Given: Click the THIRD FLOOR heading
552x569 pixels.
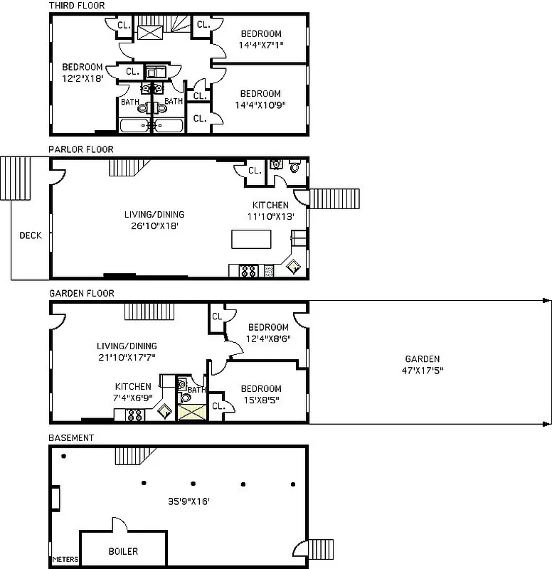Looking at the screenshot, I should click(76, 6).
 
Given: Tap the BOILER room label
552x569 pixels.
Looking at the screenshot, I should click(123, 551).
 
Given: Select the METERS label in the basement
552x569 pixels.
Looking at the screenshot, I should click(65, 560).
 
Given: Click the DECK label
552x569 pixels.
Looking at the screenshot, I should click(30, 236).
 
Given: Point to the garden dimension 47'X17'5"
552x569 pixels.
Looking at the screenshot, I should click(422, 371).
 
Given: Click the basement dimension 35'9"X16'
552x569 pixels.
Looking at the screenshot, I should click(189, 501).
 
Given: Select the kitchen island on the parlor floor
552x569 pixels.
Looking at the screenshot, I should click(251, 239).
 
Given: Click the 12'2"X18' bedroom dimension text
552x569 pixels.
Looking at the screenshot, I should click(83, 78).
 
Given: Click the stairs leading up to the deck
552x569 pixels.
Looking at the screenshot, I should click(13, 176).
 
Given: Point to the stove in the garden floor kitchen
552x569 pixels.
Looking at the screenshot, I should click(134, 415).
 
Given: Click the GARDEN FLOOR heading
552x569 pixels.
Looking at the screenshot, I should click(81, 293).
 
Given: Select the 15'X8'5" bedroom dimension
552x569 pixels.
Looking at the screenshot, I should click(260, 400).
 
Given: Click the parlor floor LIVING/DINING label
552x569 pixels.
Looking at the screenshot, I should click(154, 214).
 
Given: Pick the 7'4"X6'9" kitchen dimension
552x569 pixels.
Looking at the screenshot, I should click(132, 397).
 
